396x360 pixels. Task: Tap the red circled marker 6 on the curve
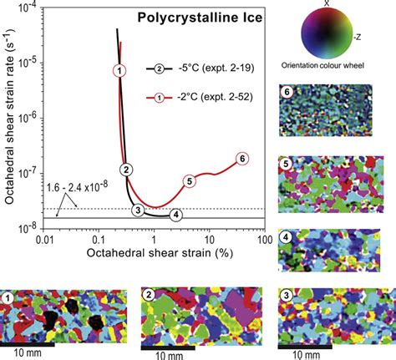(x=242, y=158)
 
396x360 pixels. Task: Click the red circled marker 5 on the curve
(x=190, y=180)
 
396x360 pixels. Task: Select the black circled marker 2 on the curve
(x=125, y=170)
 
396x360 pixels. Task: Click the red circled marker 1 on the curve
(x=120, y=70)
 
